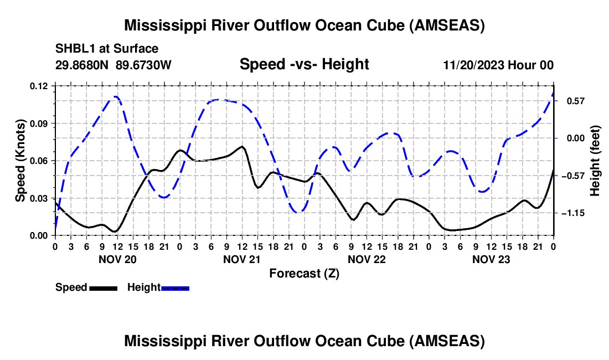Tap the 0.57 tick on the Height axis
(571, 101)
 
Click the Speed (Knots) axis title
(20, 161)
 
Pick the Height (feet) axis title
(595, 161)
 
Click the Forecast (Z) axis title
(304, 273)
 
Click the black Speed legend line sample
(103, 288)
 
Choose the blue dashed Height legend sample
(175, 288)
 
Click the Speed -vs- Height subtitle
(304, 65)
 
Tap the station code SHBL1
(74, 49)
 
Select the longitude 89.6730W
(144, 65)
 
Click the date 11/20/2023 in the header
(473, 65)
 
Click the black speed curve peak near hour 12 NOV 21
(241, 147)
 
